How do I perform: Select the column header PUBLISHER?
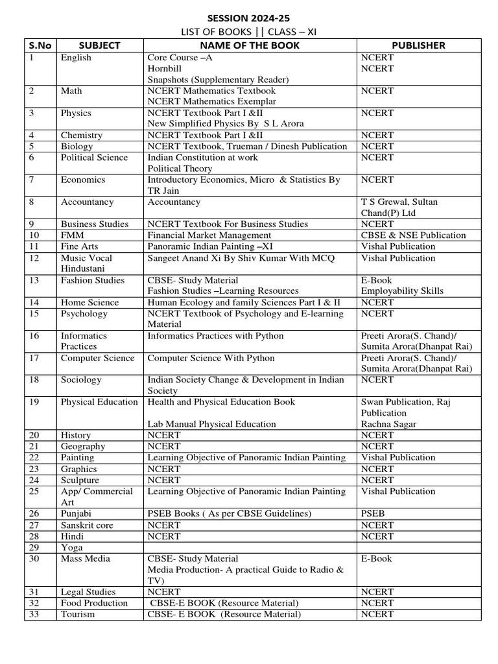pyautogui.click(x=418, y=45)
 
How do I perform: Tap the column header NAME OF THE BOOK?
pyautogui.click(x=250, y=45)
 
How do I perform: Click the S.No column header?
pyautogui.click(x=40, y=45)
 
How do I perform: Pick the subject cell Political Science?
pyautogui.click(x=94, y=158)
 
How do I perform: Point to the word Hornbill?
pyautogui.click(x=165, y=69)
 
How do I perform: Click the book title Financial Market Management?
pyautogui.click(x=209, y=235)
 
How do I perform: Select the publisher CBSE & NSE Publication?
pyautogui.click(x=413, y=235)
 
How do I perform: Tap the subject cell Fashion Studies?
pyautogui.click(x=92, y=280)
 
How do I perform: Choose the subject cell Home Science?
pyautogui.click(x=89, y=302)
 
